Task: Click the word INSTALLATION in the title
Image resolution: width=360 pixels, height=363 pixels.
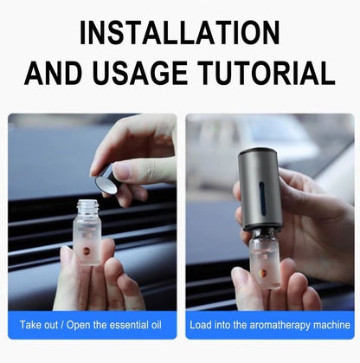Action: [x=180, y=33]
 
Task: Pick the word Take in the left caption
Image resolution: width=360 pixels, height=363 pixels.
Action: [x=31, y=326]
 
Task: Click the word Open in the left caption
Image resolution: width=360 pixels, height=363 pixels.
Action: [x=78, y=326]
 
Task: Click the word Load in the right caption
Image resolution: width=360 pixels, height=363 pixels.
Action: [x=202, y=326]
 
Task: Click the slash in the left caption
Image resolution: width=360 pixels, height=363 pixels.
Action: [x=62, y=326]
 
